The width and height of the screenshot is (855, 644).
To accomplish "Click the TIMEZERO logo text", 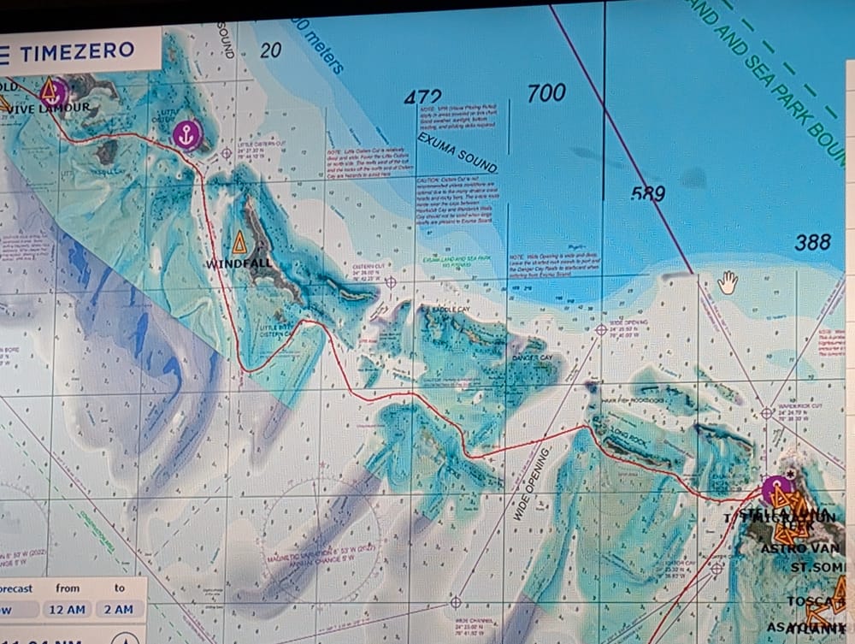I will (77, 51).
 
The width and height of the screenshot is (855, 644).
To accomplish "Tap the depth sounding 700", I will (545, 92).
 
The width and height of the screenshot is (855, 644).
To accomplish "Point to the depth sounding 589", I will (648, 194).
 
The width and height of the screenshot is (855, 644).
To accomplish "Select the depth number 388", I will (811, 242).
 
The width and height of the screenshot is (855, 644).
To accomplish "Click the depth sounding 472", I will (423, 98).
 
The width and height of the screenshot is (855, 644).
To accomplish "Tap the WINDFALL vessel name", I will (239, 264).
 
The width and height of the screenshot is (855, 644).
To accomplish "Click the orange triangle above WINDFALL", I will (239, 242).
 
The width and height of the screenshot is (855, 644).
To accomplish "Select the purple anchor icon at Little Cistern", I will (186, 133).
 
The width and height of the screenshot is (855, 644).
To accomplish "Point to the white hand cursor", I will (727, 281).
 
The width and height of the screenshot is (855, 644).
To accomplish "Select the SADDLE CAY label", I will (452, 310).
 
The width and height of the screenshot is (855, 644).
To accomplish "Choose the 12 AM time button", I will (68, 609).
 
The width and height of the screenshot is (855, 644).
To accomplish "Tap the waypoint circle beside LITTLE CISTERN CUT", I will (227, 154).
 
